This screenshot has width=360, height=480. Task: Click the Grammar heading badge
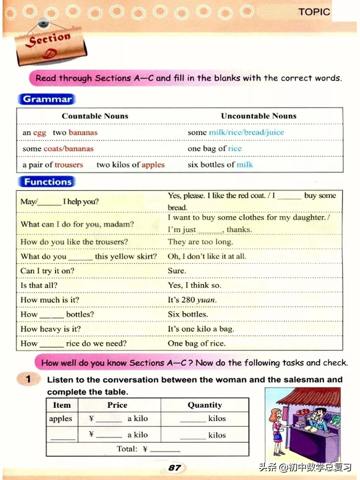pyautogui.click(x=47, y=99)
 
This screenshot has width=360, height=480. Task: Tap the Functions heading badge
pyautogui.click(x=47, y=182)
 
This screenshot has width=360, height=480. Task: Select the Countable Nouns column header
pyautogui.click(x=95, y=116)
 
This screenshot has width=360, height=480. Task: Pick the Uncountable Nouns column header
pyautogui.click(x=258, y=116)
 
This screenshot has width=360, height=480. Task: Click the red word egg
pyautogui.click(x=39, y=133)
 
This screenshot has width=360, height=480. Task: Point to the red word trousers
pyautogui.click(x=69, y=165)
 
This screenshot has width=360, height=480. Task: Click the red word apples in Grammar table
pyautogui.click(x=153, y=165)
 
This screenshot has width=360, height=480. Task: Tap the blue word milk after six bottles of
pyautogui.click(x=245, y=165)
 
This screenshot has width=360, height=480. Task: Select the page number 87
pyautogui.click(x=174, y=468)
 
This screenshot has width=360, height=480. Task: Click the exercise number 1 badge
pyautogui.click(x=28, y=379)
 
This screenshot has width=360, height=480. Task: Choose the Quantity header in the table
pyautogui.click(x=205, y=405)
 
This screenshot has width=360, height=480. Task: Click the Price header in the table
pyautogui.click(x=117, y=405)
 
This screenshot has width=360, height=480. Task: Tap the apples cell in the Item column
pyautogui.click(x=60, y=419)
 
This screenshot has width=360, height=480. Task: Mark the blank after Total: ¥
pyautogui.click(x=165, y=450)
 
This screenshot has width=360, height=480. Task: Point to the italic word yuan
pyautogui.click(x=206, y=300)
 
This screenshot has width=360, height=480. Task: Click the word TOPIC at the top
pyautogui.click(x=314, y=12)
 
